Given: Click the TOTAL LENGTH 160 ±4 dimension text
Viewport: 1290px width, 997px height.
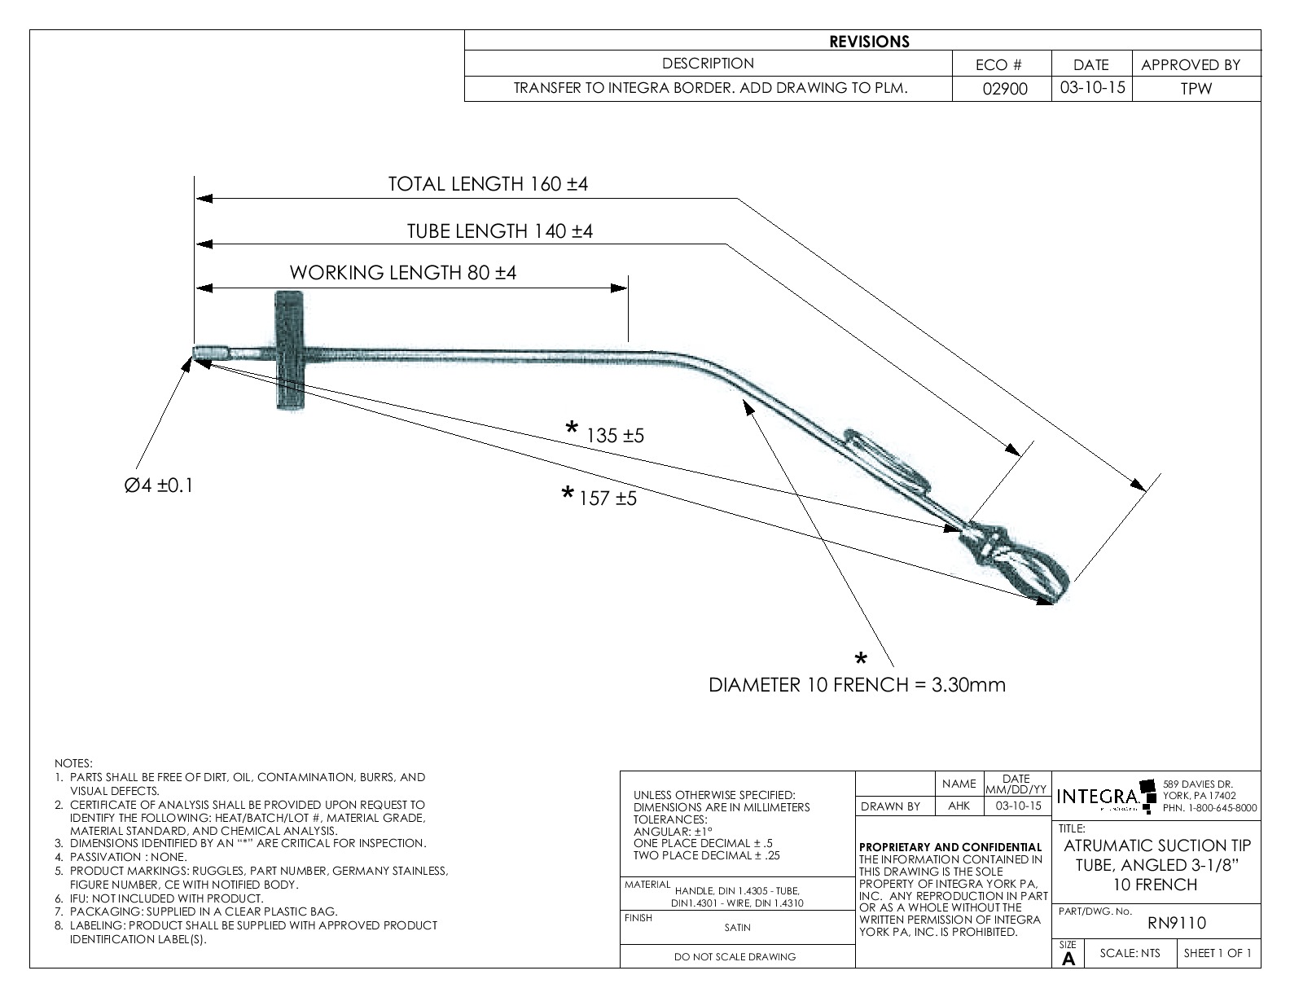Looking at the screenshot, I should coord(488,184).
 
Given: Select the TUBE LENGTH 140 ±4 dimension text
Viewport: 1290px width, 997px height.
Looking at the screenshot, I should coord(499,231).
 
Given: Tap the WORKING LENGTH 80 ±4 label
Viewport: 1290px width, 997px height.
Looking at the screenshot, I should coord(403,273).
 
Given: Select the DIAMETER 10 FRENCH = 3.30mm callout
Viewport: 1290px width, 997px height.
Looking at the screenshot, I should coord(857,685).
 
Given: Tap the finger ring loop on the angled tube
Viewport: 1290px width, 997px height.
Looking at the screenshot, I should coord(885,460).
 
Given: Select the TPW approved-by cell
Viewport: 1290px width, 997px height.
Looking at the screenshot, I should coord(1196,89).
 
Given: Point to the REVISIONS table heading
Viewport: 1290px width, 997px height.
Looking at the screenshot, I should coord(869,42).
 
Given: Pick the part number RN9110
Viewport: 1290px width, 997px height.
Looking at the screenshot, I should coord(1177,923).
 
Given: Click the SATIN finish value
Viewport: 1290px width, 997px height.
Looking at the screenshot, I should coord(737,927).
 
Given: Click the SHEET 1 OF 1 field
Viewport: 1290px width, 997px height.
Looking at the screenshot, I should coord(1218,953).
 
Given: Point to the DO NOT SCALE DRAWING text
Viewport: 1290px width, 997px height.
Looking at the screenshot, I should coord(735,957).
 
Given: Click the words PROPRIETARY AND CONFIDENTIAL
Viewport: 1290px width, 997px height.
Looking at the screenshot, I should coord(950,847).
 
